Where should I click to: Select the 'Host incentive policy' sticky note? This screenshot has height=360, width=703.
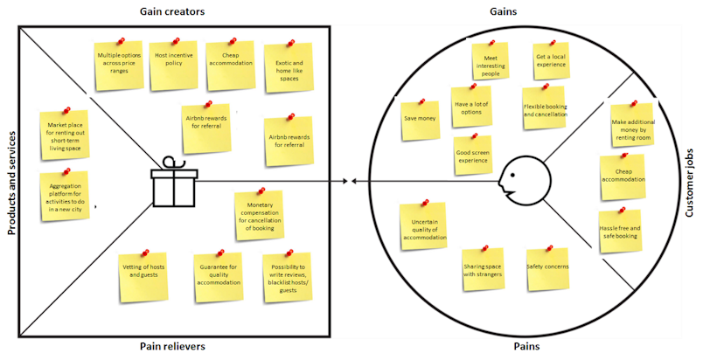pyautogui.click(x=173, y=65)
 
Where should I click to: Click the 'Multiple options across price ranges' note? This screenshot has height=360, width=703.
pyautogui.click(x=120, y=65)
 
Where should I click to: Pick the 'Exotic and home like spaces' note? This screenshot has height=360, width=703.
pyautogui.click(x=289, y=67)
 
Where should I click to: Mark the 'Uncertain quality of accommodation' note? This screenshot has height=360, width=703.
pyautogui.click(x=423, y=228)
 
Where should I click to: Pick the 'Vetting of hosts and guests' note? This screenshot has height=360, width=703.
pyautogui.click(x=143, y=276)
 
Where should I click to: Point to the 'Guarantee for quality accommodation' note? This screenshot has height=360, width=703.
pyautogui.click(x=218, y=276)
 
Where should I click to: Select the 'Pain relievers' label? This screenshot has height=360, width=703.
pyautogui.click(x=172, y=347)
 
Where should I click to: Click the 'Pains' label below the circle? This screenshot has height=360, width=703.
pyautogui.click(x=527, y=347)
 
